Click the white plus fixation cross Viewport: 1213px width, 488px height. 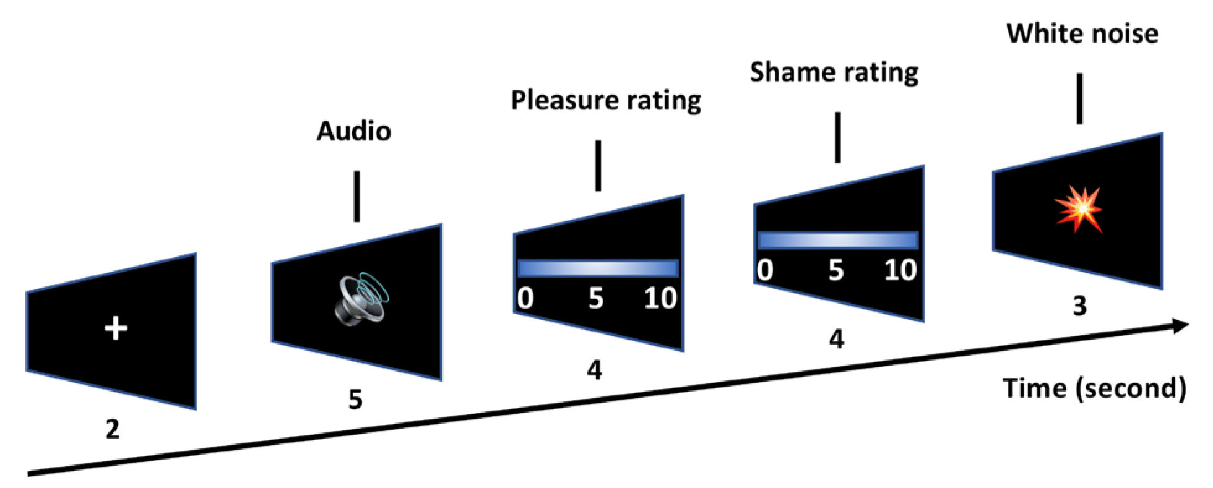[116, 328]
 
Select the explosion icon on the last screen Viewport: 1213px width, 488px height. [1079, 209]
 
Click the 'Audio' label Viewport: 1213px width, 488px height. [354, 131]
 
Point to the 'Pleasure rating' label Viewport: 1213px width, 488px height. [606, 100]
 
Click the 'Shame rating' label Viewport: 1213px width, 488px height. [834, 72]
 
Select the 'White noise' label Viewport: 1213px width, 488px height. [1082, 33]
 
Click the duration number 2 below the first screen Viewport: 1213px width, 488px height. [112, 429]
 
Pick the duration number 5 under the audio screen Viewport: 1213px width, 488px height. [355, 400]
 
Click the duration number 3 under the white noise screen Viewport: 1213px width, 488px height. [1079, 306]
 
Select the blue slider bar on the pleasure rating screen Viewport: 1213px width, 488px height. [598, 268]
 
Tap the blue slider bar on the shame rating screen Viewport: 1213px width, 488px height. [837, 240]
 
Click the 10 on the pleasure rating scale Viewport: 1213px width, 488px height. [660, 299]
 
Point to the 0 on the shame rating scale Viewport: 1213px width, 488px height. [765, 270]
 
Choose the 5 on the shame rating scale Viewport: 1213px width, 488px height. [835, 270]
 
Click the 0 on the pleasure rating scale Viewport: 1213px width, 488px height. [525, 299]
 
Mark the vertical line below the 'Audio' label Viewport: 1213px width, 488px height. [356, 196]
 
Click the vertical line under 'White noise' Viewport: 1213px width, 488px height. [1080, 98]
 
